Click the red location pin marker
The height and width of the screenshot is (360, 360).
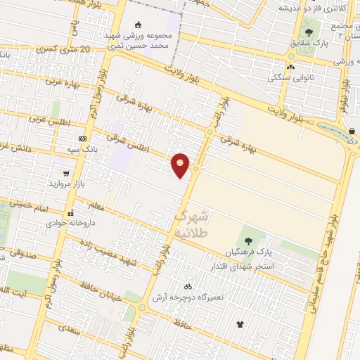click(181, 165)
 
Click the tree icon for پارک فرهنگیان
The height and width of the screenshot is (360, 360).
click(248, 241)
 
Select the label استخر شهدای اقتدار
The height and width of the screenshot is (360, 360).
click(243, 267)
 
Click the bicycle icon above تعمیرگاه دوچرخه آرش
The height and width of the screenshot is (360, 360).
click(187, 287)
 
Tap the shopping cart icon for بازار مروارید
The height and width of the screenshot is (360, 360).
click(66, 173)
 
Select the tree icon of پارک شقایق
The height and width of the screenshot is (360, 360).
click(309, 32)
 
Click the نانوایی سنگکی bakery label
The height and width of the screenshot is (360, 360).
click(291, 78)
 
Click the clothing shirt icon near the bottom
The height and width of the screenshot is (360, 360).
click(240, 325)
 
